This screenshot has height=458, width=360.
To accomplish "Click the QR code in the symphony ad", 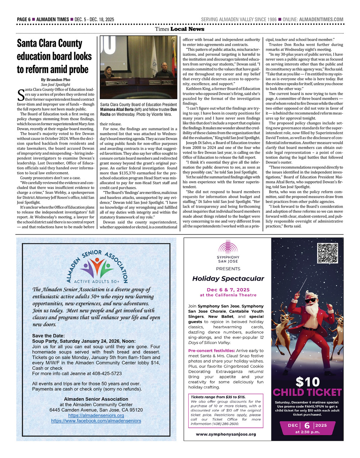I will pyautogui.click(x=328, y=254).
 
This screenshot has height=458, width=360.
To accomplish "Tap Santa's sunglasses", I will pyautogui.click(x=312, y=300).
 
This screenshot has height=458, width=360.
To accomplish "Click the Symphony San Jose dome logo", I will pyautogui.click(x=228, y=248).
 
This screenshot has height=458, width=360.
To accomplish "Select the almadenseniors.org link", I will pyautogui.click(x=96, y=416).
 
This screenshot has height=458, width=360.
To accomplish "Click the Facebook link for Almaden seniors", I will pyautogui.click(x=96, y=421).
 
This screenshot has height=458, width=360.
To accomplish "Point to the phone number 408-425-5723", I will pyautogui.click(x=107, y=374).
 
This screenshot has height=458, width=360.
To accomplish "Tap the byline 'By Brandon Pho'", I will pyautogui.click(x=55, y=80).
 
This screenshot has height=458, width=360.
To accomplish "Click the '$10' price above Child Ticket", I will pyautogui.click(x=307, y=381).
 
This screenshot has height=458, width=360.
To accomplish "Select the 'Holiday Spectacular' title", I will pyautogui.click(x=228, y=279).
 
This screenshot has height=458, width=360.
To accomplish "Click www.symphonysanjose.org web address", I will pyautogui.click(x=226, y=434).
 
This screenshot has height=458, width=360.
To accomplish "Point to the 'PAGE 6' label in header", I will pyautogui.click(x=24, y=19).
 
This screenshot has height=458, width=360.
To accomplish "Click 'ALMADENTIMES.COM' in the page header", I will pyautogui.click(x=321, y=19).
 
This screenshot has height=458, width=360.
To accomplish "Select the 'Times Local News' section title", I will pyautogui.click(x=180, y=29).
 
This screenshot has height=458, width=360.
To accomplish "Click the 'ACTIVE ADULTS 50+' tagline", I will pyautogui.click(x=96, y=281).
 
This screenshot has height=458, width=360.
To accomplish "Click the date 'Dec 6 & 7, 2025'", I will pyautogui.click(x=228, y=290).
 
